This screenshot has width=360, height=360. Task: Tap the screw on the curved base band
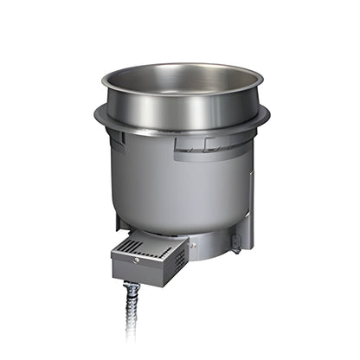click(x=194, y=246)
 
